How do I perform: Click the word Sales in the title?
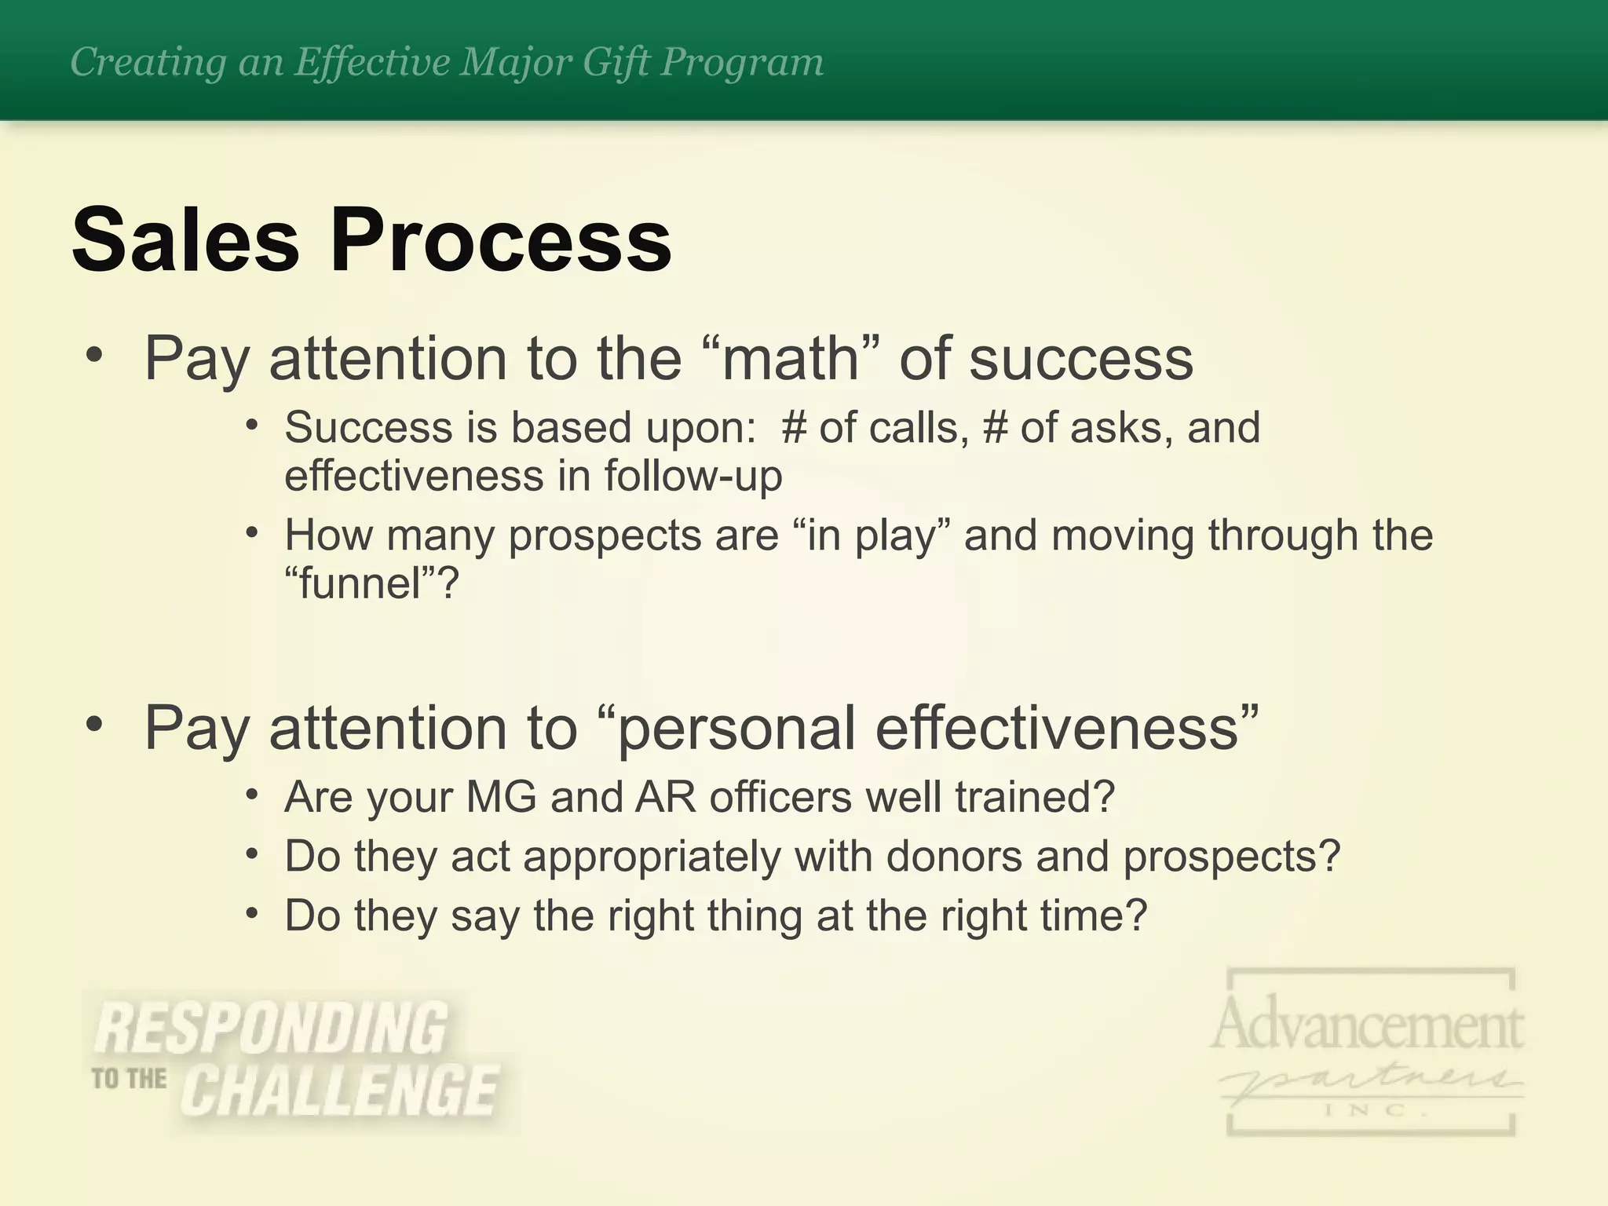point(185,239)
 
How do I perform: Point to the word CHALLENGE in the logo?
point(340,1091)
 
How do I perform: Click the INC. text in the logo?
point(1370,1110)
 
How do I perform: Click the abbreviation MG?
point(501,796)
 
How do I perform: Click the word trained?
point(1035,796)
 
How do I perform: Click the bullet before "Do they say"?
point(251,913)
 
